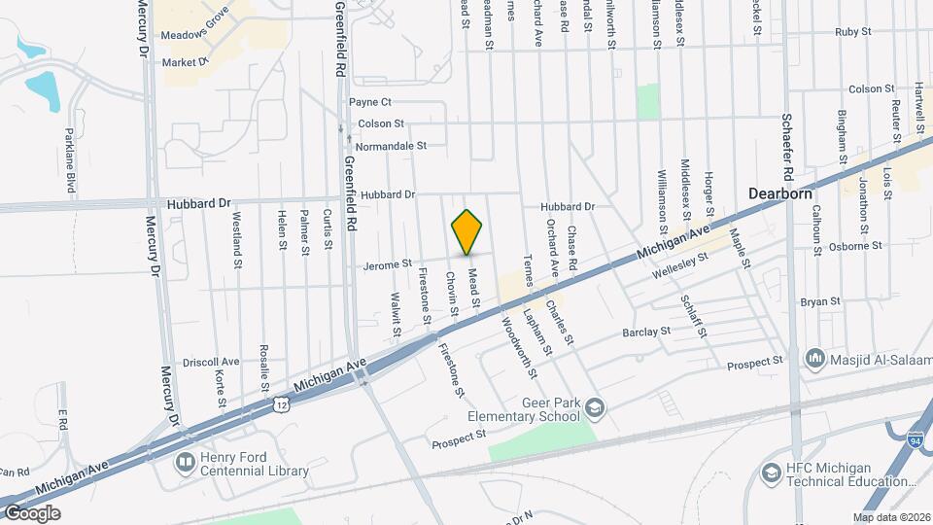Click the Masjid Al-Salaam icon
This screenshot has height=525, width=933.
pyautogui.click(x=814, y=359)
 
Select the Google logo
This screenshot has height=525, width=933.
pyautogui.click(x=31, y=512)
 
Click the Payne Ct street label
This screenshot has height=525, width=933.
pyautogui.click(x=369, y=102)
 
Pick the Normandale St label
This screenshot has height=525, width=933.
pyautogui.click(x=391, y=146)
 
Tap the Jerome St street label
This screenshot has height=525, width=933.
pyautogui.click(x=388, y=263)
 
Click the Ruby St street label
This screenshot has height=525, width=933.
pyautogui.click(x=850, y=31)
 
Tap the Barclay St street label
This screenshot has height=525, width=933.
pyautogui.click(x=646, y=332)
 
